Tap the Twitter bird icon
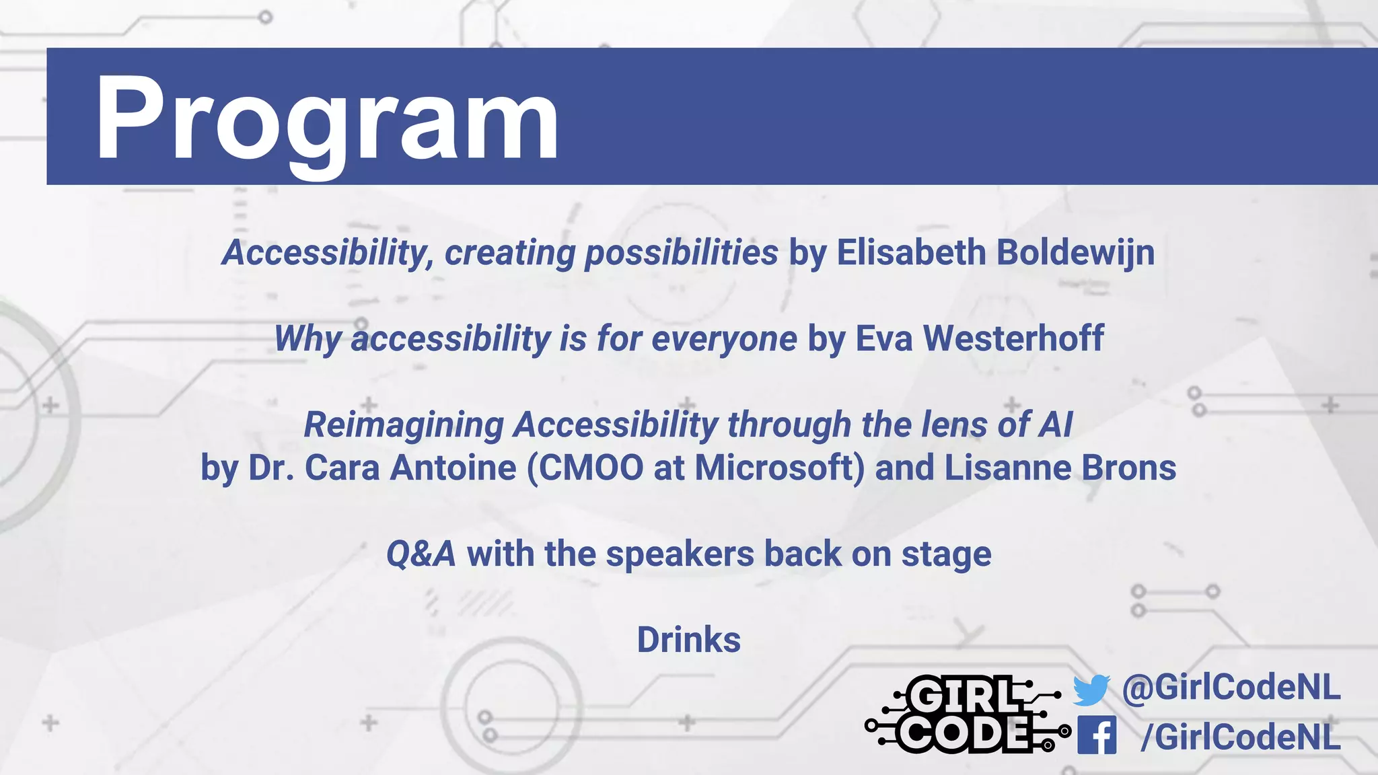pos(1091,690)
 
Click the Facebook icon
pos(1096,735)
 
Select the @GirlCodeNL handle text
pos(1231,688)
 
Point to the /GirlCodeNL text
pos(1240,737)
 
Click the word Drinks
pos(688,640)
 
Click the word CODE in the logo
pos(963,733)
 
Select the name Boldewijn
pos(1075,253)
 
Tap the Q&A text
pos(421,554)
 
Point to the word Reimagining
pos(404,425)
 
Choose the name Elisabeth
pos(911,253)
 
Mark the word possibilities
pos(681,254)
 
